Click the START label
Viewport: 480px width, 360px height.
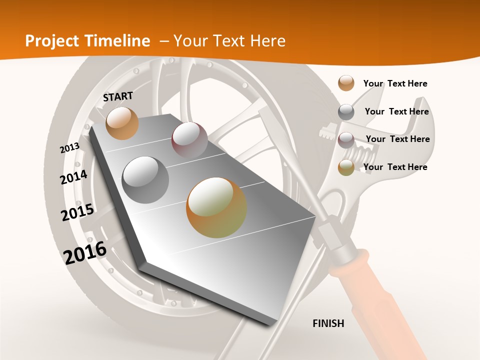118,96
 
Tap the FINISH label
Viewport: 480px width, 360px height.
328,323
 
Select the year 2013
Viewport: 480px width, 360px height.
69,148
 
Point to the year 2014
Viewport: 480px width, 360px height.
74,177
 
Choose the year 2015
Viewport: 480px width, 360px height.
77,212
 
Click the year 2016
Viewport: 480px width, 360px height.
85,253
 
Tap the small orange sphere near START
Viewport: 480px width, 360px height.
122,123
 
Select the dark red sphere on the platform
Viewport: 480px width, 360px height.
189,140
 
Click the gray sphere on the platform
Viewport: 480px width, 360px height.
145,180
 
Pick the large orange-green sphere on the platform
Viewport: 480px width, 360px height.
216,207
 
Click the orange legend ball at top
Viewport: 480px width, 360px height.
346,83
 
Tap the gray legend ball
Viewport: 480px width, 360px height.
346,112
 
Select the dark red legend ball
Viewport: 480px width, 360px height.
346,140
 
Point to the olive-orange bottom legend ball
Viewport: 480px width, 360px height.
346,167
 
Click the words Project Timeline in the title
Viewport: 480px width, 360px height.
87,41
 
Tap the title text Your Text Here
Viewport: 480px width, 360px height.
229,41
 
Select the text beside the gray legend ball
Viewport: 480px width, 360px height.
397,111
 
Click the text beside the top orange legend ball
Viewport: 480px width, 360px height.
395,83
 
